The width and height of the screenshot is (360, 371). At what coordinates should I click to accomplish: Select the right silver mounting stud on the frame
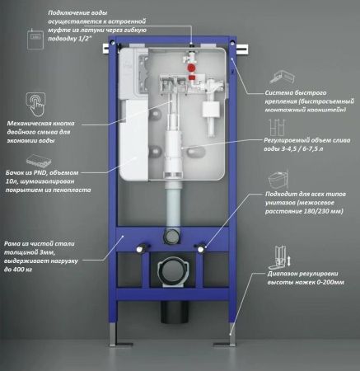point(201,247)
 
